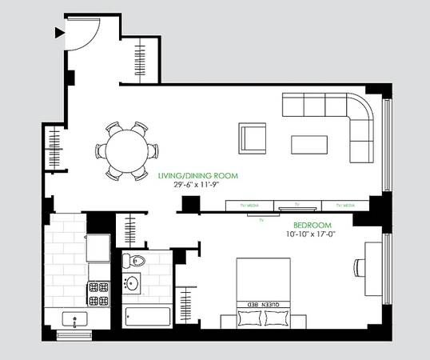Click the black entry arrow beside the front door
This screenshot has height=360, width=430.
(58, 33)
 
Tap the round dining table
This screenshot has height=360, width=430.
(126, 150)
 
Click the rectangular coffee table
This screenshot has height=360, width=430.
(310, 144)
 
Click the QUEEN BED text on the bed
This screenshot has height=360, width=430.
(267, 305)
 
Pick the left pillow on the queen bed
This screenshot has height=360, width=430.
(249, 318)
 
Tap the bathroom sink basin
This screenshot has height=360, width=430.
(132, 284)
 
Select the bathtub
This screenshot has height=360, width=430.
(147, 316)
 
